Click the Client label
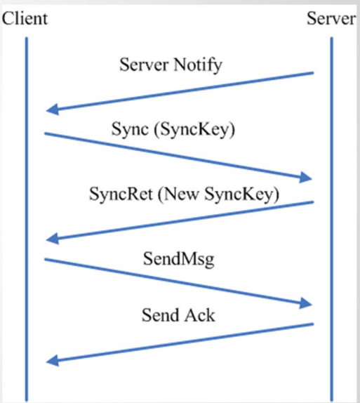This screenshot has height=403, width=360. click(25, 18)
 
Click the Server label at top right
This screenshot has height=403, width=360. click(331, 18)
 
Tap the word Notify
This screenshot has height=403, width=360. click(198, 65)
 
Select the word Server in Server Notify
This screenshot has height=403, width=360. click(144, 65)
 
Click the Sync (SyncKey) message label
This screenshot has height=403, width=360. click(173, 129)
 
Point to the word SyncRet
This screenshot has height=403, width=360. click(121, 194)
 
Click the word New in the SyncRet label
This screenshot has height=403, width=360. click(182, 194)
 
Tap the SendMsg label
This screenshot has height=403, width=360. click(178, 259)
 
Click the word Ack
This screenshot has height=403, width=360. click(200, 315)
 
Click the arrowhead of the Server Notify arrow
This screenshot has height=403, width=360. click(53, 110)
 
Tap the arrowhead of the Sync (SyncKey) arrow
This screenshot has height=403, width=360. click(305, 178)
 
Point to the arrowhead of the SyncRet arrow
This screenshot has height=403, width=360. click(53, 239)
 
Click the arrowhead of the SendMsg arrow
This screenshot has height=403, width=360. click(305, 303)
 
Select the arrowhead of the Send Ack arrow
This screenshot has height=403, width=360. click(53, 361)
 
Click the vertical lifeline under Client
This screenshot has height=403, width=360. click(27, 219)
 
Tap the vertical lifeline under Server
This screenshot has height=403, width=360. click(331, 219)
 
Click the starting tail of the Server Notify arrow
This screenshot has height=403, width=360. click(313, 73)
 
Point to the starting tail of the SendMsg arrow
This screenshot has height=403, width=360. click(45, 260)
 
